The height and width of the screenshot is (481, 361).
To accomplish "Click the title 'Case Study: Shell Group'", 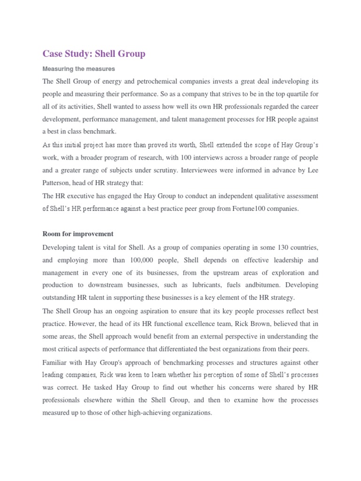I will pyautogui.click(x=94, y=54).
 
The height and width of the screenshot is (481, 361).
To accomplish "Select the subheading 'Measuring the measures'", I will pyautogui.click(x=78, y=69).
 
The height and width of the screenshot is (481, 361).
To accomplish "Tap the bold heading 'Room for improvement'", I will pyautogui.click(x=78, y=233).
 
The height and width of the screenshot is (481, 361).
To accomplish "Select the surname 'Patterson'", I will pyautogui.click(x=58, y=183).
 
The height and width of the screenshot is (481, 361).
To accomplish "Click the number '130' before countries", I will pyautogui.click(x=278, y=247).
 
